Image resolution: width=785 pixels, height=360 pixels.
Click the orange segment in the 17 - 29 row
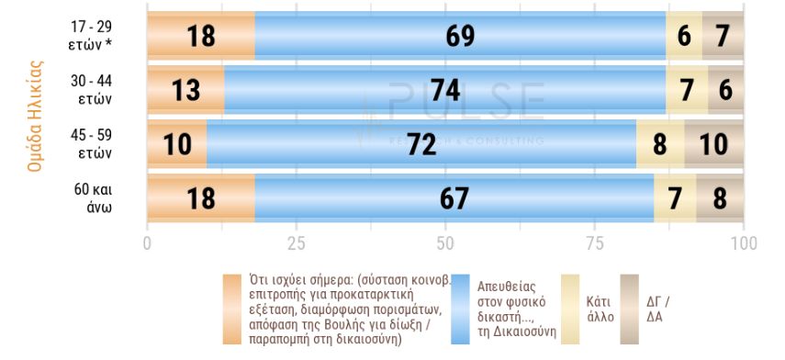pyautogui.click(x=201, y=36)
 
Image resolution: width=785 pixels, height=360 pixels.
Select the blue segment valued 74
pyautogui.click(x=444, y=90)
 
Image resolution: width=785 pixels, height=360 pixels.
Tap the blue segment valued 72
pyautogui.click(x=421, y=144)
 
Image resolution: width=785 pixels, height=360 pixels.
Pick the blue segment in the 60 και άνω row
pyautogui.click(x=454, y=198)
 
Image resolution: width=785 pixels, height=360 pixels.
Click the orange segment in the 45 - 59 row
pyautogui.click(x=177, y=144)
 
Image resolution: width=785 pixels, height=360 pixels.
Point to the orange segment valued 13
pyautogui.click(x=185, y=90)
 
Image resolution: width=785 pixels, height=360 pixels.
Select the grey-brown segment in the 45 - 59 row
pyautogui.click(x=713, y=144)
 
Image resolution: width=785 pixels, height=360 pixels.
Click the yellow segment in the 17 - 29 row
pyautogui.click(x=684, y=36)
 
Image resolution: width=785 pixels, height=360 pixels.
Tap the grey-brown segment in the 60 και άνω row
pyautogui.click(x=720, y=198)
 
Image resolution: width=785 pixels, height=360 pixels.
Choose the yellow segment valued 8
pyautogui.click(x=660, y=144)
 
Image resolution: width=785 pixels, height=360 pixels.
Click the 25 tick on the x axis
pyautogui.click(x=296, y=243)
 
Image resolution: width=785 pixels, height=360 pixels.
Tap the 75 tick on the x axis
pyautogui.click(x=594, y=243)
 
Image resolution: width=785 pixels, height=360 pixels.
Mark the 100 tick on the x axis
pyautogui.click(x=743, y=243)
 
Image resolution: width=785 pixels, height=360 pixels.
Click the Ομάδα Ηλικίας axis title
pyautogui.click(x=36, y=117)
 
